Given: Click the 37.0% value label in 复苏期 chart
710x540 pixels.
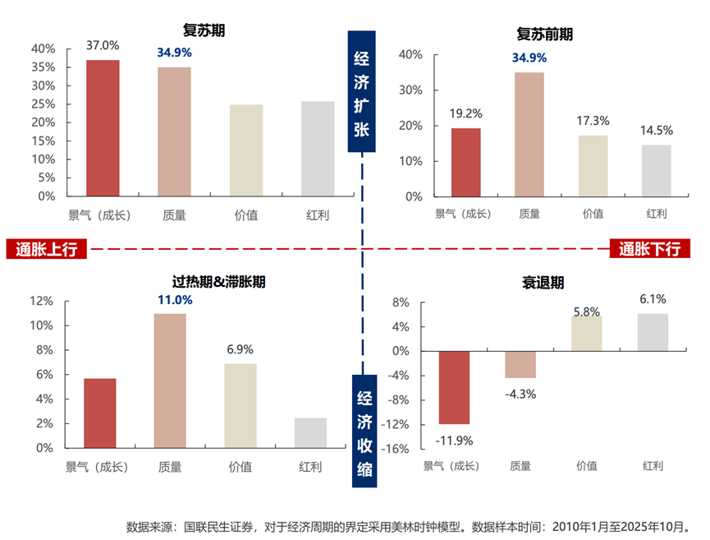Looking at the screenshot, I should (103, 45).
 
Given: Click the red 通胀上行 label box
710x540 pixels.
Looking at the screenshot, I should (47, 249).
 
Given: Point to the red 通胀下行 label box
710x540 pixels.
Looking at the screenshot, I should (649, 249).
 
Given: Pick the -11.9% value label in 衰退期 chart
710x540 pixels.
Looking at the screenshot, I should (454, 440).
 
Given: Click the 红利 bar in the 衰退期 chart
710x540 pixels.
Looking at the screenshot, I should (653, 332).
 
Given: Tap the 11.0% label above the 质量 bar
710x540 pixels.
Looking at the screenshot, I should (175, 300).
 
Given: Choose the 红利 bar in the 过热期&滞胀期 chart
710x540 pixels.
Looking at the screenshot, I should (310, 433).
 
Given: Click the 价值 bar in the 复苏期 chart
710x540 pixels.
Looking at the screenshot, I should (246, 150).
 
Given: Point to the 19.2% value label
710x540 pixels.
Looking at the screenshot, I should (465, 113).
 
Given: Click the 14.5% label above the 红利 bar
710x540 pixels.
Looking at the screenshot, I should (656, 130).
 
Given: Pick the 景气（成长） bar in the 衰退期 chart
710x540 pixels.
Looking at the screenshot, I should (454, 387).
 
